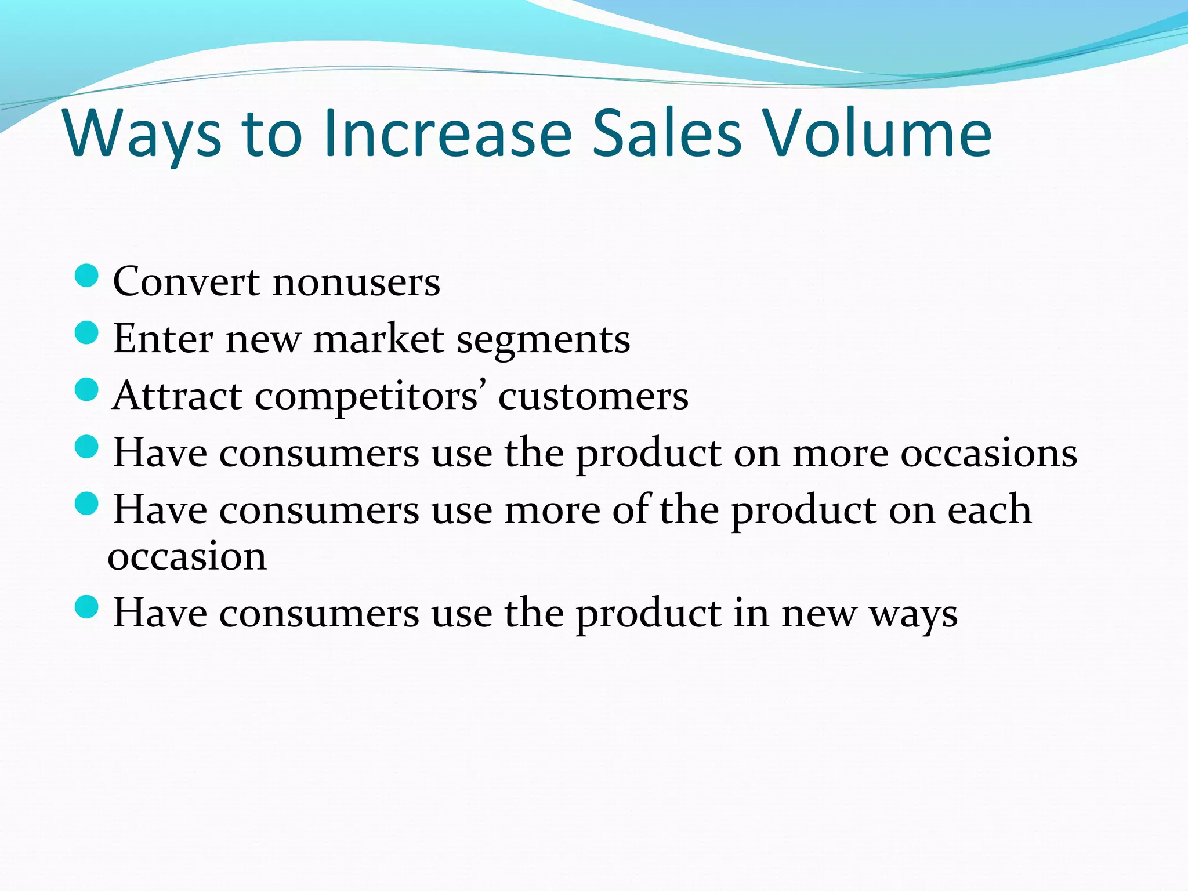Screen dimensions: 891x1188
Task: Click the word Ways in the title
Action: pos(143,135)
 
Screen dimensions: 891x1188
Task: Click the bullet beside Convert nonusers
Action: pos(87,276)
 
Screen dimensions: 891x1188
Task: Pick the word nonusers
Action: pos(356,282)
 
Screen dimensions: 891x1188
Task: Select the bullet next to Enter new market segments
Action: pos(87,333)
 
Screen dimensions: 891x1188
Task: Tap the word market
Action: pos(379,339)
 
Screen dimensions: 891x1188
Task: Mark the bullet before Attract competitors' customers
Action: pos(87,390)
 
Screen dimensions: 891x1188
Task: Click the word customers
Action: pos(593,397)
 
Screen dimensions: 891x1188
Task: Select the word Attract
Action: pos(178,396)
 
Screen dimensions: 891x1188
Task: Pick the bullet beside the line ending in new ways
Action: pos(87,607)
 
